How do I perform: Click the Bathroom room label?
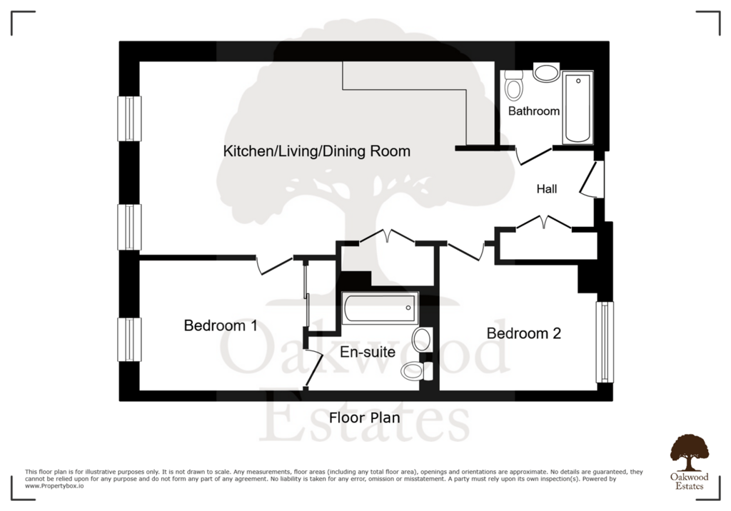coord(534,111)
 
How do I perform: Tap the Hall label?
coord(547,189)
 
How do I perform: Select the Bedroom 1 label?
coord(221,325)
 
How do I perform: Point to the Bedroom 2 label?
coord(523,333)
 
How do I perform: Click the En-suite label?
coord(368,352)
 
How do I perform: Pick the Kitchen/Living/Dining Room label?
coord(316,151)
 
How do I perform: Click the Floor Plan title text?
coord(365,418)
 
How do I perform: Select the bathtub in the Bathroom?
coord(578,108)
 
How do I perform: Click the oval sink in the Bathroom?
coord(546,73)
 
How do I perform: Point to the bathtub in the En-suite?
coord(380,308)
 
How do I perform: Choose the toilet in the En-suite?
coord(417,371)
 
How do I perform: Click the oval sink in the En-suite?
coord(423,339)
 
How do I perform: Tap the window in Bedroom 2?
coord(605,343)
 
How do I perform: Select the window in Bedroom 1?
coord(129,340)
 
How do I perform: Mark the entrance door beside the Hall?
coord(592,180)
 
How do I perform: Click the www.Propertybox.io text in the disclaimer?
coord(54,486)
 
